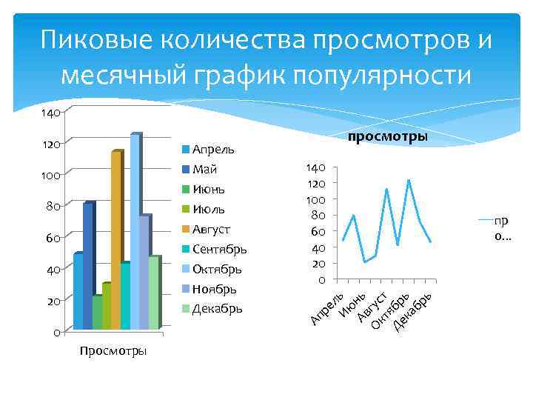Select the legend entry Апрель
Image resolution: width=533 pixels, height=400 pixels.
[212, 150]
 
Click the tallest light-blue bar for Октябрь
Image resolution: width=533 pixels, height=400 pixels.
[135, 230]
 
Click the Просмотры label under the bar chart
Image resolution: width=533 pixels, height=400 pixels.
[113, 350]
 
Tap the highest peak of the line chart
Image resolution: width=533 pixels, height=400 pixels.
[409, 180]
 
